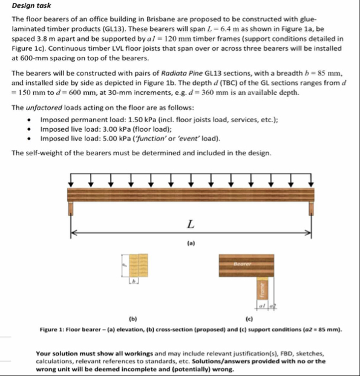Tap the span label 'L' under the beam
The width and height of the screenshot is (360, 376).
[x=191, y=225]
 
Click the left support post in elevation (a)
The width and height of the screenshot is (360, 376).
[x=74, y=210]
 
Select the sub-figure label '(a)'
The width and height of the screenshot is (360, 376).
[x=191, y=244]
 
